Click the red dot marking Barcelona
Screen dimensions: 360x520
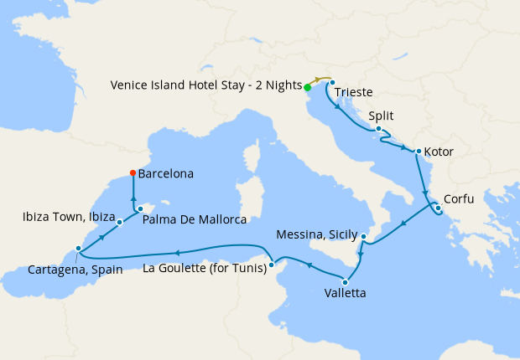133,173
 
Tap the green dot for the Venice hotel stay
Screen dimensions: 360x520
308,87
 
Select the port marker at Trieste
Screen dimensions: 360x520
333,82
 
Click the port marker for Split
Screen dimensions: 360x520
379,129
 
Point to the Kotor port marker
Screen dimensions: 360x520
418,152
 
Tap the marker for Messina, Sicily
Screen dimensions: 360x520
363,237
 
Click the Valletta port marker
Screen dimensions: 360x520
345,282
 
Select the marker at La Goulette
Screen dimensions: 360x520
271,268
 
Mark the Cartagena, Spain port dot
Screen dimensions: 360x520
78,249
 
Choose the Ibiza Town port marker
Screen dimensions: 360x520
120,222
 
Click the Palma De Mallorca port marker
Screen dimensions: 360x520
140,209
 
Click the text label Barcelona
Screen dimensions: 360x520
166,174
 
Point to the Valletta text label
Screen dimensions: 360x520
345,295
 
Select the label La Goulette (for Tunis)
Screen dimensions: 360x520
205,268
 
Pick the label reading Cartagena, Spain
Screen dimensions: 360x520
75,269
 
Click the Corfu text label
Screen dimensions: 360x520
460,199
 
